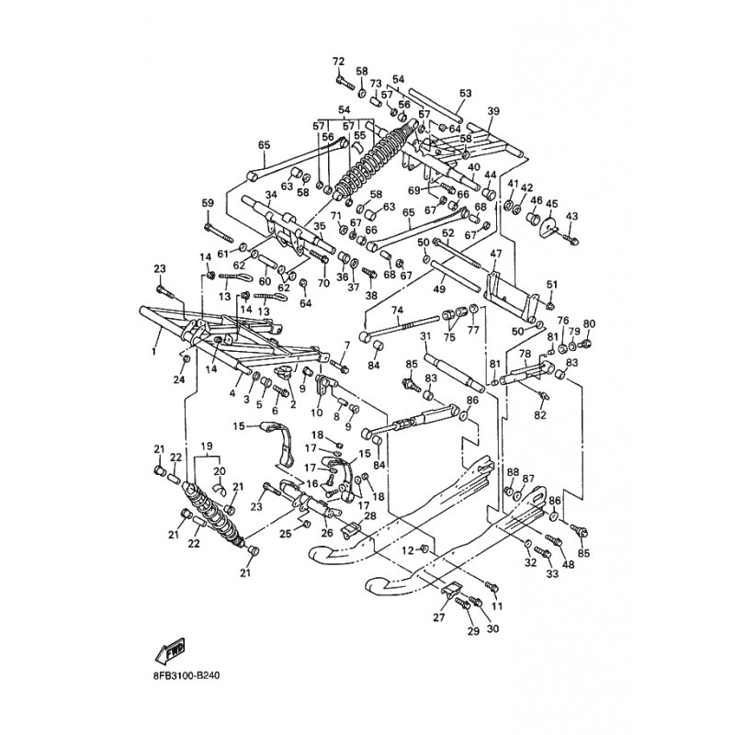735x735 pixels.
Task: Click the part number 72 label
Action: pyautogui.click(x=338, y=61)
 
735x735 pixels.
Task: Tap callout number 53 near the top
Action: pyautogui.click(x=465, y=94)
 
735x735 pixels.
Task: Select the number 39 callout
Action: pyautogui.click(x=493, y=111)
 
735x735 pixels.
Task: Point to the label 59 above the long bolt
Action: pyautogui.click(x=208, y=203)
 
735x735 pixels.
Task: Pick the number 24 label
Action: pyautogui.click(x=180, y=379)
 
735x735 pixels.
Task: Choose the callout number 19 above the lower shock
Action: pyautogui.click(x=205, y=446)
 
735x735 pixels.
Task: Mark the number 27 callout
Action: pyautogui.click(x=439, y=618)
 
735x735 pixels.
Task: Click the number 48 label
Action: pyautogui.click(x=569, y=564)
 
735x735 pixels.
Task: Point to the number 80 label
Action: pyautogui.click(x=589, y=323)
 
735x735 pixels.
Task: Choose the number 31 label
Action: pyautogui.click(x=425, y=337)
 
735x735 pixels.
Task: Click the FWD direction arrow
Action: pyautogui.click(x=172, y=651)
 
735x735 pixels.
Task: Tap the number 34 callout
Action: pyautogui.click(x=271, y=195)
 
